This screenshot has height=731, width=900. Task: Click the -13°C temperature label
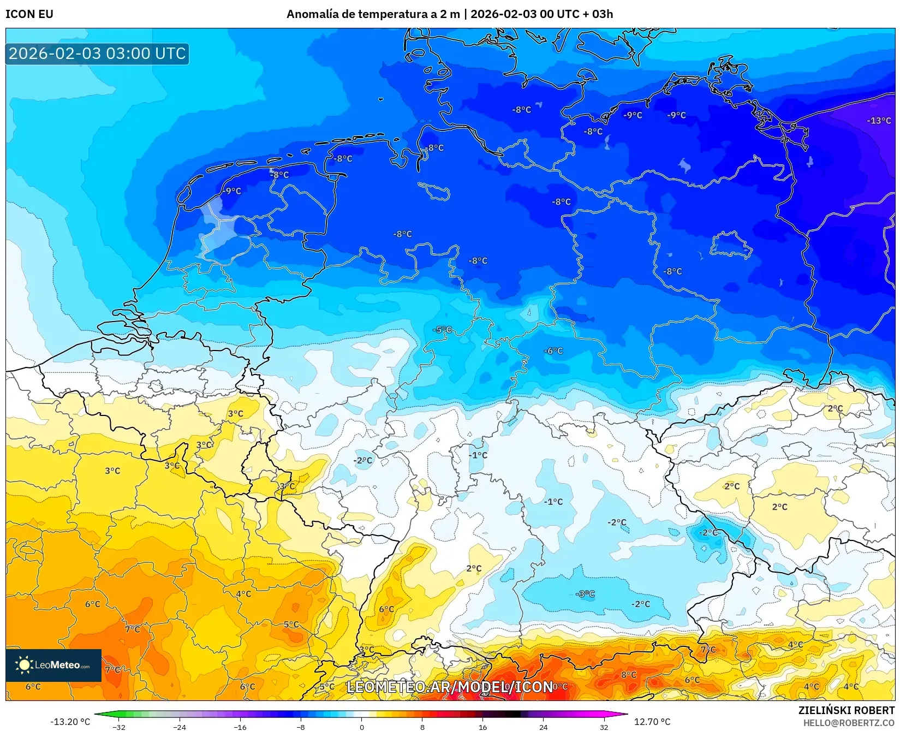point(879,121)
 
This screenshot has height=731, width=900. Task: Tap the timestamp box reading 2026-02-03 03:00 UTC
point(97,54)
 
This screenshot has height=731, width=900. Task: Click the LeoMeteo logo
point(53,665)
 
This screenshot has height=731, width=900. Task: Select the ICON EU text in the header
point(29,14)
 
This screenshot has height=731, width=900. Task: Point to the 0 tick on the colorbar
point(361,727)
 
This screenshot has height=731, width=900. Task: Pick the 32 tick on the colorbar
point(604,727)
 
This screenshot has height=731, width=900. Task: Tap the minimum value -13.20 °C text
point(70,722)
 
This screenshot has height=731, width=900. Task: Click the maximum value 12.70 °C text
point(652,722)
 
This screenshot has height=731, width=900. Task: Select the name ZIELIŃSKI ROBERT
point(847,710)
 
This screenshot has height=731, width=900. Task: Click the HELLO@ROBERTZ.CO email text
point(849,722)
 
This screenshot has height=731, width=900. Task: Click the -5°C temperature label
point(443,330)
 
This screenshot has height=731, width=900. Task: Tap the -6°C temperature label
point(553,351)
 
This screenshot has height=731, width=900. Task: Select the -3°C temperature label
point(585,594)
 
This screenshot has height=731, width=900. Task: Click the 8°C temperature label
point(629,675)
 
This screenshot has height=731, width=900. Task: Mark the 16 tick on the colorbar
point(482,727)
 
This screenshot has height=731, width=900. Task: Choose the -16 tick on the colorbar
point(240,727)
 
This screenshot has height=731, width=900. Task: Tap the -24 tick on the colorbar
point(180,727)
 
